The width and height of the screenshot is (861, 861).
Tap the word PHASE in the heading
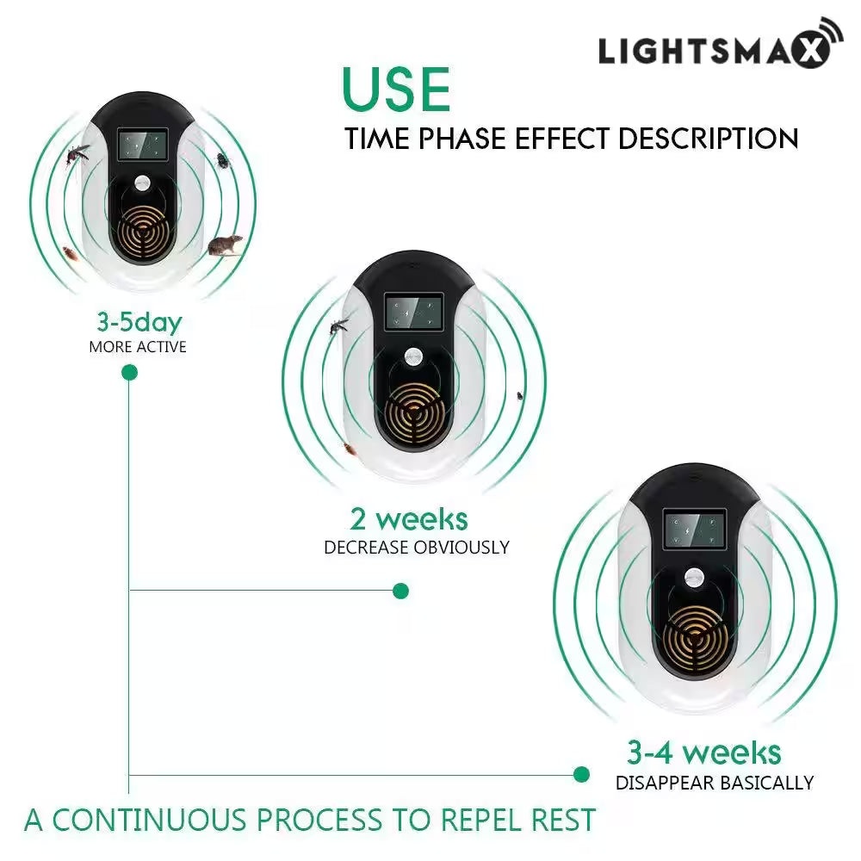point(461,139)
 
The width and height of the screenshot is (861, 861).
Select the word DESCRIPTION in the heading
point(708,139)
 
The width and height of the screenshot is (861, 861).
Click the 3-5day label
point(139,323)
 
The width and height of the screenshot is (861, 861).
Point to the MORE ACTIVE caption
point(138,347)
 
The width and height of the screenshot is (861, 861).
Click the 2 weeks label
point(409,519)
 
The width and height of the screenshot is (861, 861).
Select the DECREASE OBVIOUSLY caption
point(417,548)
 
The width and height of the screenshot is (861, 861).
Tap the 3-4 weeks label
point(704,753)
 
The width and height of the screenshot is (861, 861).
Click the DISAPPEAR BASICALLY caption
point(715,783)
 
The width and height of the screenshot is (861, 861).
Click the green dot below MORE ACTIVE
point(129,373)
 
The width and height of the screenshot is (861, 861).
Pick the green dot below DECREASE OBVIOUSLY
point(401,591)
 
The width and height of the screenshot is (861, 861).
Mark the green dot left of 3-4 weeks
point(581,774)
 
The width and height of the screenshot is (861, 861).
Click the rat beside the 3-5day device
point(225,245)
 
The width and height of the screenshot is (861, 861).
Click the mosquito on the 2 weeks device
point(338,325)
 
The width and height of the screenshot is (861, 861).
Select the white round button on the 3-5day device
point(142,183)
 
